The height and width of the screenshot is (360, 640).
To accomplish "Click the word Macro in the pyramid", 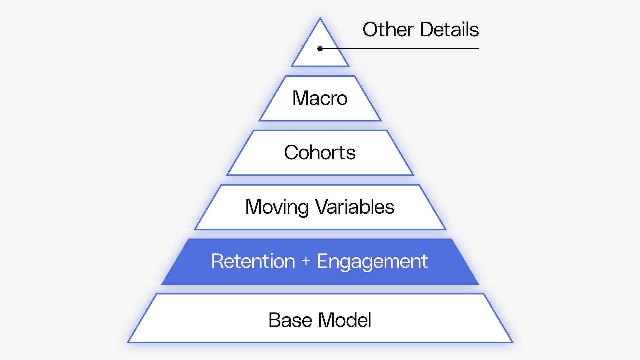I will pos(320,98).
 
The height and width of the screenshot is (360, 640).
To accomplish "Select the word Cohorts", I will pos(320,153).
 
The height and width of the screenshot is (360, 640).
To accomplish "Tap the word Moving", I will pos(277,207).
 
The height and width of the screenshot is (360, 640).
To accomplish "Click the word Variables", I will pos(355,207).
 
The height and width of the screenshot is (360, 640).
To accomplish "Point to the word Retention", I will pos(253,261).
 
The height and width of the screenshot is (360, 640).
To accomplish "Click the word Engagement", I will pos(372,261).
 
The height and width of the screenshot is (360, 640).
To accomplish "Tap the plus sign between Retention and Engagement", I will pos(306,261).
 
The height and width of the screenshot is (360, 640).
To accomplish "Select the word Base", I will pos(290,320).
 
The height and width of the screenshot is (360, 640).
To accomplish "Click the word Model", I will pos(345,320).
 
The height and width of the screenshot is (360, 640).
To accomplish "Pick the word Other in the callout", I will pos(388,30).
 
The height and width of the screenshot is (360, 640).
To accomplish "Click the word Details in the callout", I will pos(449,30).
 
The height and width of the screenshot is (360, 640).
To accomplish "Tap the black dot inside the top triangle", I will pos(320,49).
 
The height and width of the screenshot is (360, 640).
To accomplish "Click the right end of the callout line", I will pos(478,49).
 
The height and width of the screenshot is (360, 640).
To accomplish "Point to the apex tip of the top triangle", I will pos(320,19).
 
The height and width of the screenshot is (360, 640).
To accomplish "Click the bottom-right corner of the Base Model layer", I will pos(512,342).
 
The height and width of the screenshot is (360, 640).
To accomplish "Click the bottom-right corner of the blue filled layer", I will pos(478,284).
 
